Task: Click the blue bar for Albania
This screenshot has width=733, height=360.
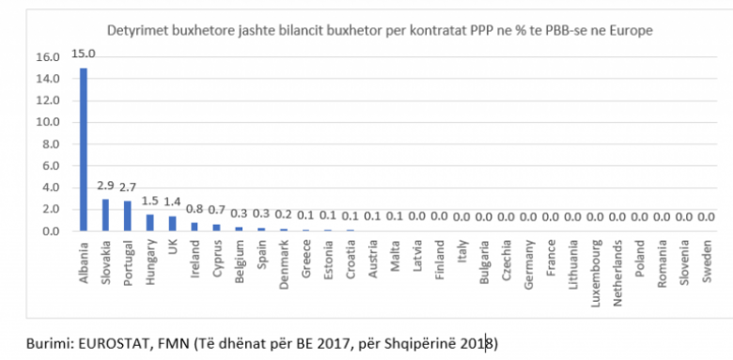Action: [84, 149]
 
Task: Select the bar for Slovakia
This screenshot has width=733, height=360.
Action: [105, 215]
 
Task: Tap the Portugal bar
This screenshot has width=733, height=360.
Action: [128, 216]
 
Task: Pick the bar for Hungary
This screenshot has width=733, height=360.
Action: [150, 223]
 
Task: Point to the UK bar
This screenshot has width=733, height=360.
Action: [173, 224]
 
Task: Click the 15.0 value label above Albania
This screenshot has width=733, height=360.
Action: [84, 54]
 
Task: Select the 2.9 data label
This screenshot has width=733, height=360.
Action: [105, 185]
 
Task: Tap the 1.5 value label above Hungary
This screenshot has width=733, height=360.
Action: [150, 201]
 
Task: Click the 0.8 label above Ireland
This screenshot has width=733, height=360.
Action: [195, 209]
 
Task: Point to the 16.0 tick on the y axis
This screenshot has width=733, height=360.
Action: [49, 57]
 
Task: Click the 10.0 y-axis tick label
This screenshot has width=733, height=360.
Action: [49, 122]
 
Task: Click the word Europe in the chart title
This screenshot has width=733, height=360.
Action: [635, 31]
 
